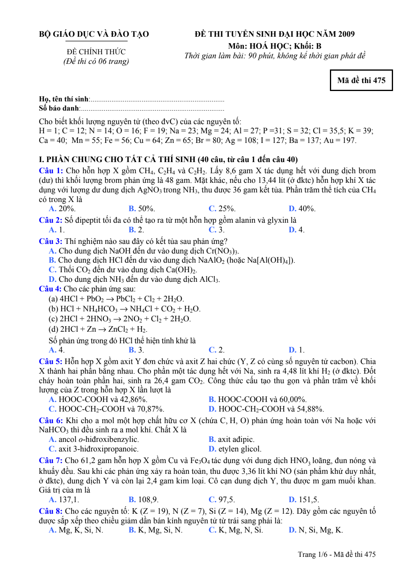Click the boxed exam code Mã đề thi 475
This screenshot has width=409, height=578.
click(x=361, y=80)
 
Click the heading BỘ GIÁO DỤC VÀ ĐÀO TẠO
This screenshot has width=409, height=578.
click(x=94, y=34)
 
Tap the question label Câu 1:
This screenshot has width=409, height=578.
click(x=51, y=171)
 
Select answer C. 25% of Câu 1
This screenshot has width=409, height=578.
click(x=222, y=209)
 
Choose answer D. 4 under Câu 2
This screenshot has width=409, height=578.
click(x=296, y=230)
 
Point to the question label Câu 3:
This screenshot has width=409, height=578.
click(x=51, y=241)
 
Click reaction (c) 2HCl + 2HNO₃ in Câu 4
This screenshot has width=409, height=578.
click(x=119, y=319)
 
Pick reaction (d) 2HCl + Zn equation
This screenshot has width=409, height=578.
click(x=98, y=329)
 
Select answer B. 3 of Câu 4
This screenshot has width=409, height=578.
click(x=136, y=350)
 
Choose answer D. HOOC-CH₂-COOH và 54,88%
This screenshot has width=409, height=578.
click(x=266, y=409)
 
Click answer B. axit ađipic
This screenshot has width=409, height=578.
click(x=232, y=439)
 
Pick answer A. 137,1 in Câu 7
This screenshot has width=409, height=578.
click(x=64, y=500)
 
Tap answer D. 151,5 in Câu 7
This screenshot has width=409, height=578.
click(x=304, y=500)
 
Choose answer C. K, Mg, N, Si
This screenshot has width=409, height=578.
click(x=236, y=530)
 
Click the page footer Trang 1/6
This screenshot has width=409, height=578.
click(x=336, y=554)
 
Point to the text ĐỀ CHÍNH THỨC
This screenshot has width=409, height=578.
click(x=96, y=52)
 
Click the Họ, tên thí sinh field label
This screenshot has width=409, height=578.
click(x=64, y=99)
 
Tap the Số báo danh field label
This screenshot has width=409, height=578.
click(x=59, y=108)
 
